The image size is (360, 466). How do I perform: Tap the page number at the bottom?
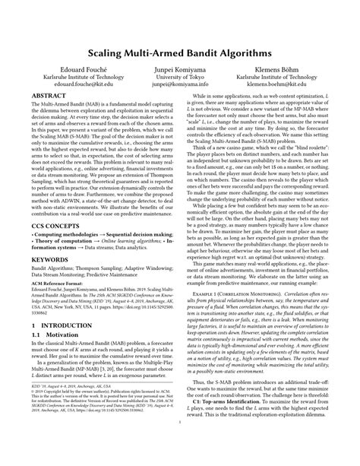[x=180, y=454]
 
